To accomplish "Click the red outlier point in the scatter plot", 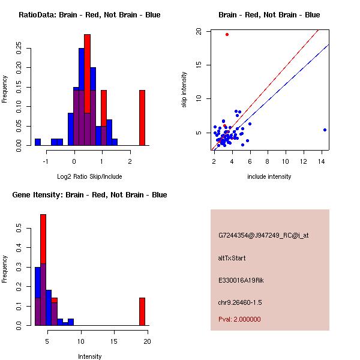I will point(227,34).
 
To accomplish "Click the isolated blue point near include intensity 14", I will point(325,130).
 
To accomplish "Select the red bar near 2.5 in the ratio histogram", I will point(142,118).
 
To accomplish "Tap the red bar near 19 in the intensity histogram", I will point(142,311).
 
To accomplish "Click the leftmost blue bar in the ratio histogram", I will point(38,142).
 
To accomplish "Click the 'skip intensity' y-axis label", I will point(185,90).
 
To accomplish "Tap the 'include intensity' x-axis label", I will point(269,176).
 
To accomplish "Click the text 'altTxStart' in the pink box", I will point(232,258).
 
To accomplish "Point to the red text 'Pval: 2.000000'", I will point(239,319).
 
